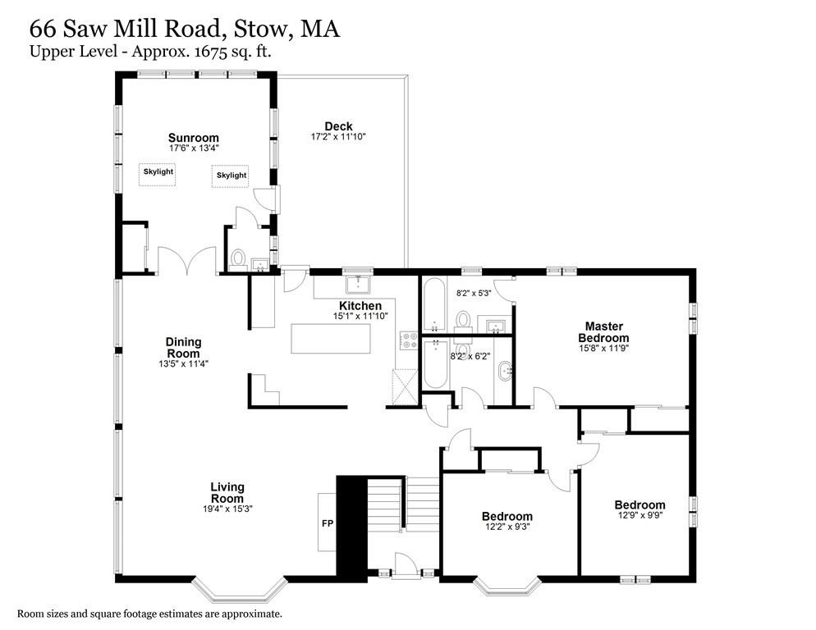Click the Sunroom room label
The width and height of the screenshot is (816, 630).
click(194, 137)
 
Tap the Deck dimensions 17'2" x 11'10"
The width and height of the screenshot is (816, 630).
click(337, 137)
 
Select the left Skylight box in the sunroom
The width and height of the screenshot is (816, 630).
click(158, 173)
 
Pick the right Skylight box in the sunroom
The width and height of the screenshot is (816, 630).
click(231, 176)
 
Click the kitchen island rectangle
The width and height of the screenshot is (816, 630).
click(330, 339)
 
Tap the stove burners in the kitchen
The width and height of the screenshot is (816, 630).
click(408, 340)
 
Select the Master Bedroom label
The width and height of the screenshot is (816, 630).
click(603, 331)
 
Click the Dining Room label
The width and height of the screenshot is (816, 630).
click(183, 348)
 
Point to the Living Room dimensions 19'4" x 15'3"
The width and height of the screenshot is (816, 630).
click(227, 509)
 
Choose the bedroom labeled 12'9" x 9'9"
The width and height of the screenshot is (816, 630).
click(640, 510)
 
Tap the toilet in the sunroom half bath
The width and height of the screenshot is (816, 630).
click(239, 259)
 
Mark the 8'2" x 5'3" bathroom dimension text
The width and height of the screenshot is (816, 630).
click(474, 291)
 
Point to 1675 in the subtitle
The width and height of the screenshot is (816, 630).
click(195, 52)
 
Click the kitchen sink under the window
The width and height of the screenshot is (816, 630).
click(357, 284)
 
